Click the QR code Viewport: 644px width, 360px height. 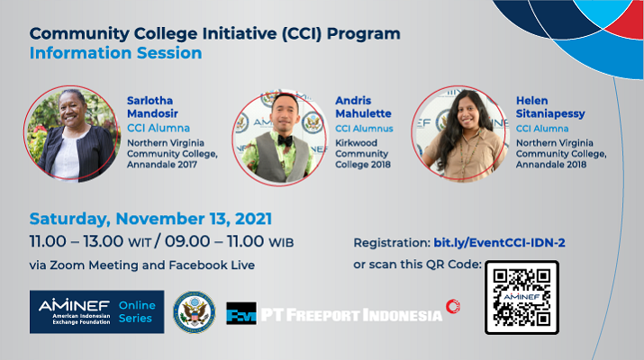coord(522,297)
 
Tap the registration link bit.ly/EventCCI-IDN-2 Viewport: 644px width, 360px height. coord(499,243)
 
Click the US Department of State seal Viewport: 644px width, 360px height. coord(195,312)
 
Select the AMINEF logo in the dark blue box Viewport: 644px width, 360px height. coord(75,311)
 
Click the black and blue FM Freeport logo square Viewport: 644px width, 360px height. coord(241,313)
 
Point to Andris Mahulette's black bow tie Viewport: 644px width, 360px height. coord(286,140)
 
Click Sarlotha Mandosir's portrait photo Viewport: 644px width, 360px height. coord(72,133)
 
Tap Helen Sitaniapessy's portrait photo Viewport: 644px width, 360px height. coord(460,133)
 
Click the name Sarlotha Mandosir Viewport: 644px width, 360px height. coord(152,107)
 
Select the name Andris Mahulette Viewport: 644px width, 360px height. coord(363,107)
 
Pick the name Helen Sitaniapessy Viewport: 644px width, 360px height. coord(550,107)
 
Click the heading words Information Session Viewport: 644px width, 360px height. coord(116,53)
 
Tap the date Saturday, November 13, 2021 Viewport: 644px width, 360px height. coord(150,219)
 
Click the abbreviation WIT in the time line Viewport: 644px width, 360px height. coord(140,243)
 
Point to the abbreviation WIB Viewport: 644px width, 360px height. coord(281,243)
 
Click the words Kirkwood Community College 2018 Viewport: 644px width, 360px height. coord(363,154)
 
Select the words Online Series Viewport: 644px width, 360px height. coord(137,311)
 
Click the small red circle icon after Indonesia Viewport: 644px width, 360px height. coord(453,306)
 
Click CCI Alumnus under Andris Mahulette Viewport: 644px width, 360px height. coord(364,129)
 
